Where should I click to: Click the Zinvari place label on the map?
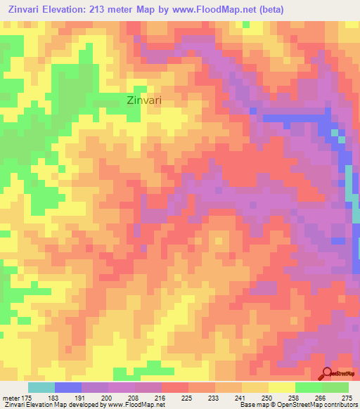pyautogui.click(x=144, y=100)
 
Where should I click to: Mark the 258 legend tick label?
pyautogui.click(x=295, y=397)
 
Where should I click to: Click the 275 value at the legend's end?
pyautogui.click(x=348, y=397)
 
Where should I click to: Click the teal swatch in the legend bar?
pyautogui.click(x=41, y=387)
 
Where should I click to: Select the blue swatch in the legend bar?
pyautogui.click(x=68, y=387)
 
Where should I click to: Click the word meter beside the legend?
pyautogui.click(x=10, y=397)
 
